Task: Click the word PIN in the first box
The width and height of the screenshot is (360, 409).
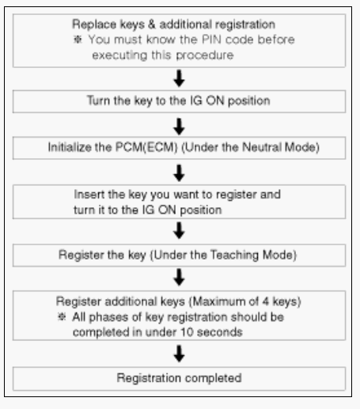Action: [212, 40]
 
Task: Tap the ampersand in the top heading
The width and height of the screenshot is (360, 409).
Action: [152, 25]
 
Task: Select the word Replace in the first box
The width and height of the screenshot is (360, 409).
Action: [94, 25]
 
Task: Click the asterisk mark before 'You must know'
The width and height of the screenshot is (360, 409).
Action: [78, 40]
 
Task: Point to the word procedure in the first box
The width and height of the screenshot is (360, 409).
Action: [205, 55]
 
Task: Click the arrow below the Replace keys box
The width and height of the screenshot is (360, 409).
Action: [179, 78]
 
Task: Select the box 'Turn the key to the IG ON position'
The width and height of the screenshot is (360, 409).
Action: [179, 101]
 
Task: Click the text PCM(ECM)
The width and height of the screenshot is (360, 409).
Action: [146, 147]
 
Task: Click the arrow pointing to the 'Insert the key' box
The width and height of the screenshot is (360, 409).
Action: [179, 173]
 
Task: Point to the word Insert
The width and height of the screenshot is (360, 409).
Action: [89, 195]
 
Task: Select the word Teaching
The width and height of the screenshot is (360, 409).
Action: [234, 255]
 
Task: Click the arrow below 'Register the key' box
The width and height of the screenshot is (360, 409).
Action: [179, 277]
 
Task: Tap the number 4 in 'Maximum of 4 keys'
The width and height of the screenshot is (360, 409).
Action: [265, 301]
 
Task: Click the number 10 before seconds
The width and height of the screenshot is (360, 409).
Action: [187, 332]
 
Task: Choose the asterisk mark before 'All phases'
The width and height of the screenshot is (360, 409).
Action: [62, 316]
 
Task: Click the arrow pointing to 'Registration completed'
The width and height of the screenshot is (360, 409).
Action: [179, 354]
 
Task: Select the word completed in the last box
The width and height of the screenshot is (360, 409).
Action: [213, 378]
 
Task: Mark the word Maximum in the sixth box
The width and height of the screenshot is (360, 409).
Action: [219, 301]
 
